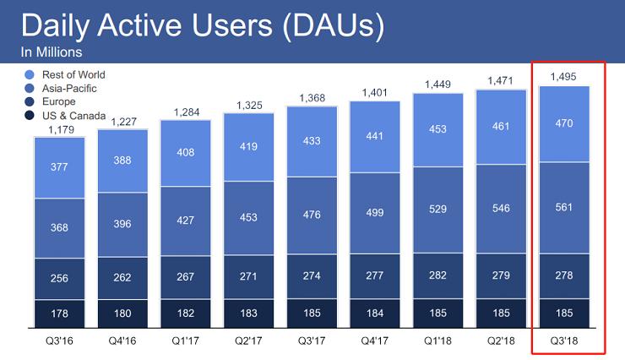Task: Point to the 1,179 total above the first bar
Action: (59, 128)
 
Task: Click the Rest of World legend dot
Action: (30, 74)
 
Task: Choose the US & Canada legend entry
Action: (68, 115)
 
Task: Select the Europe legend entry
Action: (58, 101)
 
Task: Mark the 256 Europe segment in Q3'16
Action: (59, 278)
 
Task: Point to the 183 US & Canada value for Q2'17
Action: (249, 313)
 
